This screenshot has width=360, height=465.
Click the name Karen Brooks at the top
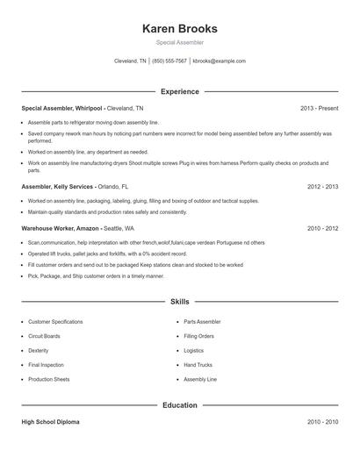coord(179,28)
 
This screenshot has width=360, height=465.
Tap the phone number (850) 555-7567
coord(169,61)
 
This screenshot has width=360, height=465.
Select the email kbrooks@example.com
coord(220,61)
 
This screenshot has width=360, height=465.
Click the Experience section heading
coord(179,91)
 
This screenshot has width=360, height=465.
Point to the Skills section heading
coord(179,302)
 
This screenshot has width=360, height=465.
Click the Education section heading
coord(179,405)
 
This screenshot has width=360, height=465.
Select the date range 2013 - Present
coord(319,108)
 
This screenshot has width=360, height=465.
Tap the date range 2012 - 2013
coord(322,187)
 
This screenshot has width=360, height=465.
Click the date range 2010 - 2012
coord(322,228)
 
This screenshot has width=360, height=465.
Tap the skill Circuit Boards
coord(45,336)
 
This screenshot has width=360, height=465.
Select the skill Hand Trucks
coord(198,364)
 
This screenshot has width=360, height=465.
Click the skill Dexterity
coord(39,350)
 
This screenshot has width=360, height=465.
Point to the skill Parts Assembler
coord(203,322)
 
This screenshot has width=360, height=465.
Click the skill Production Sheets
coord(49,378)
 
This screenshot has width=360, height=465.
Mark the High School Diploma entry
coord(50,422)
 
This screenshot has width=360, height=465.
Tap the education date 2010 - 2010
coord(322,422)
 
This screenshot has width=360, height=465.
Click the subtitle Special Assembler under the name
coord(179,42)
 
